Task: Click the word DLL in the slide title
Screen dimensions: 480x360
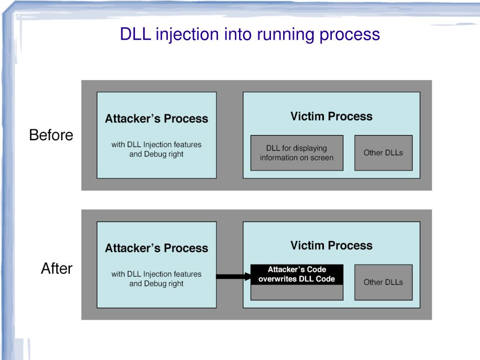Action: pyautogui.click(x=135, y=34)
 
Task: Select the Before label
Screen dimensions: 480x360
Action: pyautogui.click(x=51, y=135)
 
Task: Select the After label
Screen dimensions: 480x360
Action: pyautogui.click(x=57, y=269)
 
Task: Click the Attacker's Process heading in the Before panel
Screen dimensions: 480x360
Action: pyautogui.click(x=157, y=119)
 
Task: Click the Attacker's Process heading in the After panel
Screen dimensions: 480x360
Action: pyautogui.click(x=157, y=248)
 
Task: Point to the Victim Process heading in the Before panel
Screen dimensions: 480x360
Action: pyautogui.click(x=331, y=116)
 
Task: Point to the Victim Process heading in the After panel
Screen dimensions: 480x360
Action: pyautogui.click(x=331, y=246)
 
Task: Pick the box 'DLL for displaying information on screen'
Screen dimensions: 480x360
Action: pyautogui.click(x=297, y=153)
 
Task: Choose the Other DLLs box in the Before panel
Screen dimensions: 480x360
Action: pyautogui.click(x=383, y=153)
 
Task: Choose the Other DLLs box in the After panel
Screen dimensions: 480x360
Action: pyautogui.click(x=383, y=282)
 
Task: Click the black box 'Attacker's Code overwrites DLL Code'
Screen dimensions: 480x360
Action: pyautogui.click(x=297, y=274)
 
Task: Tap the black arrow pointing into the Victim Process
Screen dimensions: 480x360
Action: pyautogui.click(x=233, y=277)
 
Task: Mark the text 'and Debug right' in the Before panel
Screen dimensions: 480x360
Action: pyautogui.click(x=156, y=154)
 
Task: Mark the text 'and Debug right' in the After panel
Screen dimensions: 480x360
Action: pyautogui.click(x=156, y=284)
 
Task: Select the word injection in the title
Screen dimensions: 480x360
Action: pyautogui.click(x=187, y=35)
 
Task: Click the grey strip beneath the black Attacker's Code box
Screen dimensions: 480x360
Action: pyautogui.click(x=297, y=292)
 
